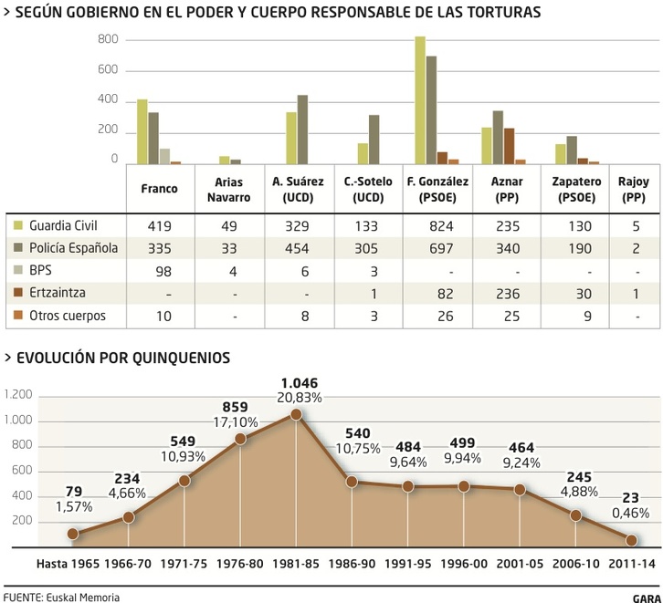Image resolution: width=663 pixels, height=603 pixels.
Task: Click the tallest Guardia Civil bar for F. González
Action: coord(420,100)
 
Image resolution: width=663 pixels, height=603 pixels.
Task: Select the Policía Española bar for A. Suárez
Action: coord(302,130)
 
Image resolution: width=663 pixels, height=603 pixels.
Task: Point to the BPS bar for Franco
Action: coord(164,156)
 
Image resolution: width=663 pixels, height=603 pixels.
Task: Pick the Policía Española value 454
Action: coord(298,247)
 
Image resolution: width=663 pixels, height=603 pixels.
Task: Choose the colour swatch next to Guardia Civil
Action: coord(17,224)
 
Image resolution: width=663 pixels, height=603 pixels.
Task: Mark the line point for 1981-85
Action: coord(296,414)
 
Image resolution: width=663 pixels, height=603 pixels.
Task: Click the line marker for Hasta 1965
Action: coord(73,534)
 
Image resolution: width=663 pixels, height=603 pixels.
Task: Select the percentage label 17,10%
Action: coord(237,424)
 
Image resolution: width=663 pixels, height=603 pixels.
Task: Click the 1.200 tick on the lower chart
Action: coord(17,395)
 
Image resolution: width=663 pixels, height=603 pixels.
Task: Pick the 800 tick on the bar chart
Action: coord(108,40)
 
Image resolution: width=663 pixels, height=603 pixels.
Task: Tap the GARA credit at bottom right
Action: coord(645,598)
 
